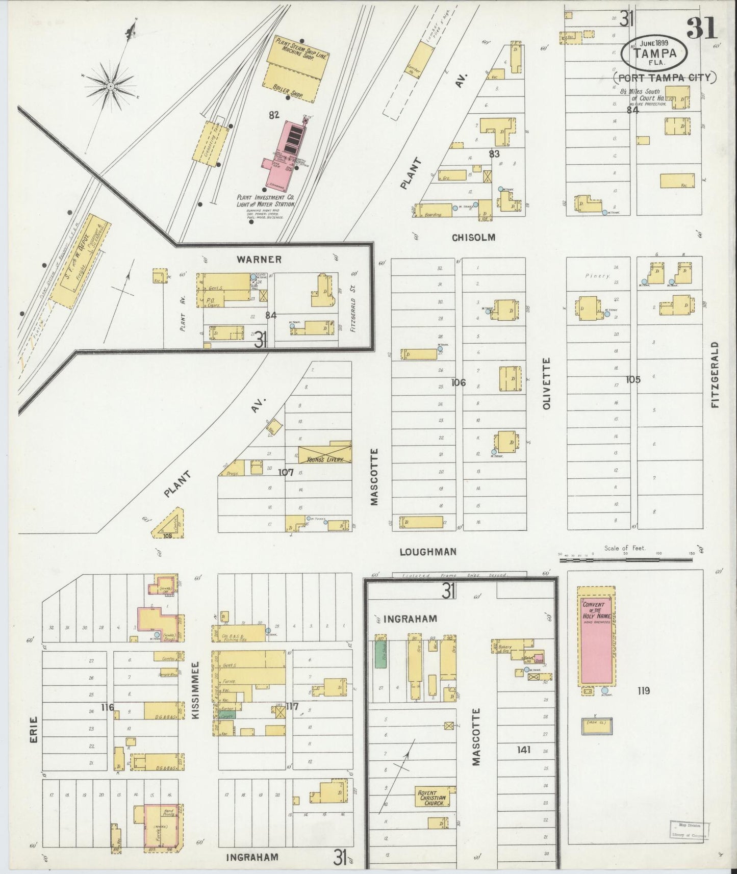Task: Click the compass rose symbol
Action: (x=110, y=87)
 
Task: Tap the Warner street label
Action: (x=259, y=259)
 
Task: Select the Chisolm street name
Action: (x=473, y=237)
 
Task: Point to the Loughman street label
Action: (x=427, y=551)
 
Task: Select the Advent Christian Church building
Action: (x=433, y=798)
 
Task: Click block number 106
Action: (x=458, y=382)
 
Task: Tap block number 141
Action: (x=523, y=749)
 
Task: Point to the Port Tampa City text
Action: (x=664, y=78)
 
